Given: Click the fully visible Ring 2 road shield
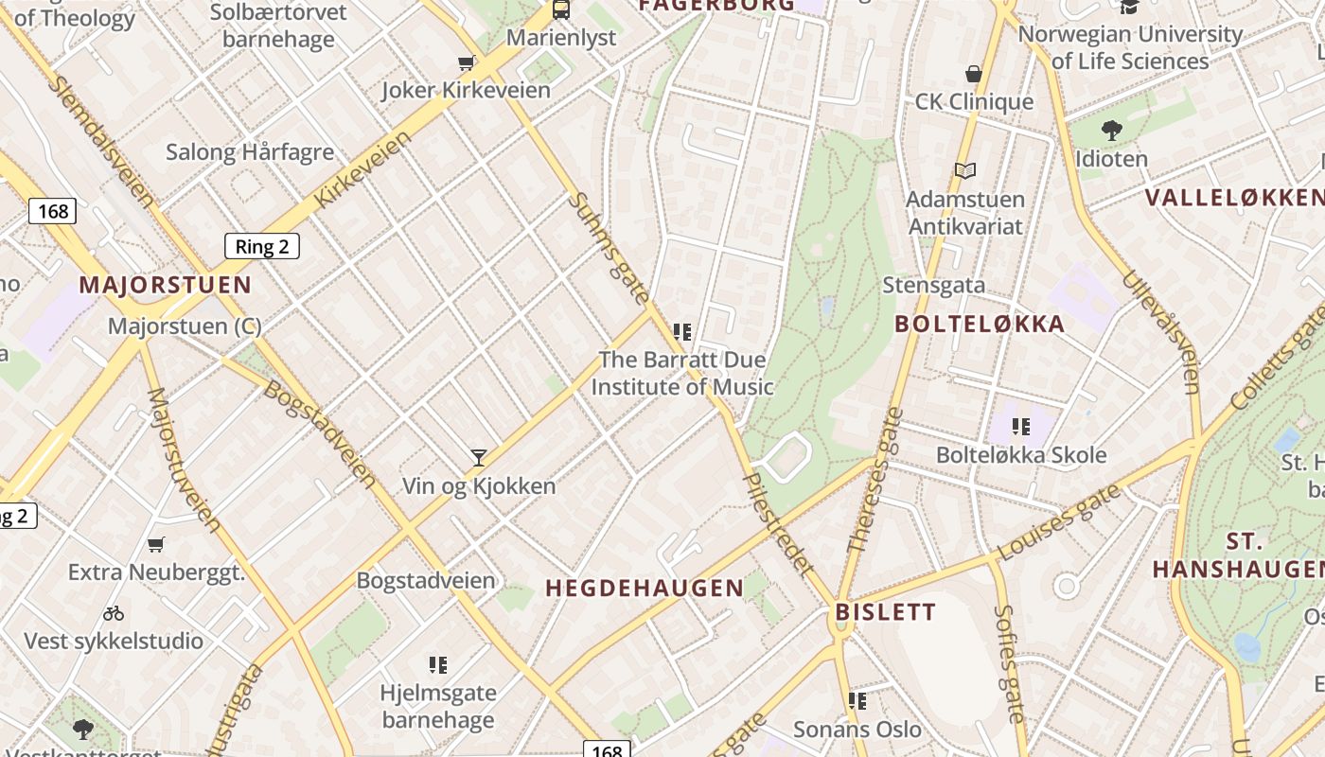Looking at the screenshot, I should pos(262,247).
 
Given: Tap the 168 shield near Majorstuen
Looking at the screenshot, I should pos(52,210).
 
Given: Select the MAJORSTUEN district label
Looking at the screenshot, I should pos(165,285).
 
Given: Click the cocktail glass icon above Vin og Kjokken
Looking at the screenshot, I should pos(479,458).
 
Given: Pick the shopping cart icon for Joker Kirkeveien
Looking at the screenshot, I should pos(466,63).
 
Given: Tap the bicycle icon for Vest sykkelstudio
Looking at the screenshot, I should pos(114,613).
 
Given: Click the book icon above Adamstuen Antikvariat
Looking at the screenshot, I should pos(964,171).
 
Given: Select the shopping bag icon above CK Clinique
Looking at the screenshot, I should pos(973,74).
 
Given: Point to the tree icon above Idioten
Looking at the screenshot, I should pos(1111,130).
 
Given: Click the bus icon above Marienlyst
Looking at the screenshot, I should pos(561,10).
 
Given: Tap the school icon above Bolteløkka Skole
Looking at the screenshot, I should pos(1020,427).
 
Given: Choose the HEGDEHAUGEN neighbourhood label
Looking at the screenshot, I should pos(645,588).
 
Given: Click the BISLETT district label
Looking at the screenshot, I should pos(886,611).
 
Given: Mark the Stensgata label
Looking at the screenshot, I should pos(933,285).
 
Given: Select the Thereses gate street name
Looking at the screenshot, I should pos(872,480).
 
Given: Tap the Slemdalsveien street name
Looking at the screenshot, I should pos(101,141).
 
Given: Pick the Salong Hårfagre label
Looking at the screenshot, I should pos(250,151).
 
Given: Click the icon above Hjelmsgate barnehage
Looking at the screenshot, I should pos(437,665).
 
